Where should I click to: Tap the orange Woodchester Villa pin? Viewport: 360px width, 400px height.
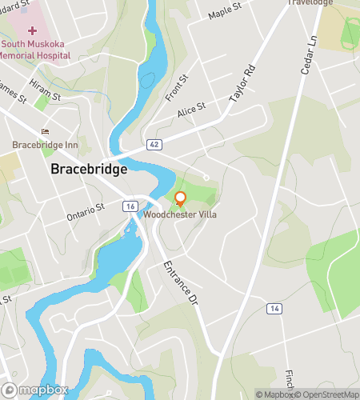180,198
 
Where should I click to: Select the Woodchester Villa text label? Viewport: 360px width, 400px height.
180,214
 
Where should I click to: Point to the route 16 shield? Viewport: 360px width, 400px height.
130,206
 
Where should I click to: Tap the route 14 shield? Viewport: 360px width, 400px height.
274,308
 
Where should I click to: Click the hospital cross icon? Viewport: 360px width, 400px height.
31,30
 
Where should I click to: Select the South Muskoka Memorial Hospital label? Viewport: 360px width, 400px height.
33,49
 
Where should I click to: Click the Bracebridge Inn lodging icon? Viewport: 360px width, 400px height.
46,132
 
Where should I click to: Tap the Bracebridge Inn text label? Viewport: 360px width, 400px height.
45,145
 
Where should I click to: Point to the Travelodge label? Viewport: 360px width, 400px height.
310,3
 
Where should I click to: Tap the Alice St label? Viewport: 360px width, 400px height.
192,110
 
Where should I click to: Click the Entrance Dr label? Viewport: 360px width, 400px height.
179,281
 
